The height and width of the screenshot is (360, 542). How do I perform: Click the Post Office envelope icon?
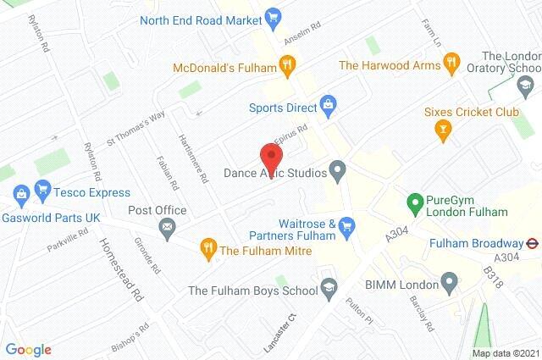coord(168,226)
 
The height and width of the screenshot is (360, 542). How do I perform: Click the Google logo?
coord(28,349)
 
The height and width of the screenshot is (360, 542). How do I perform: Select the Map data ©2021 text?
coord(505,353)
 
